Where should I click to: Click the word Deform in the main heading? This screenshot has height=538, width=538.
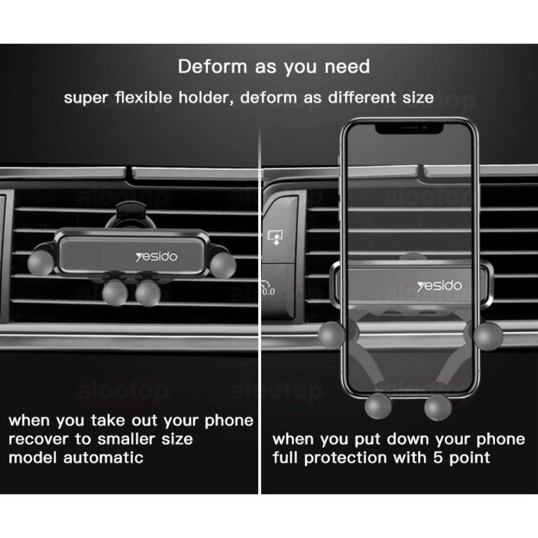pos(213,67)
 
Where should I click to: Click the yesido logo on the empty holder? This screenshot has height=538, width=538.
pos(156,257)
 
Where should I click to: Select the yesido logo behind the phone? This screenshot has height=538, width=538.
pos(439,286)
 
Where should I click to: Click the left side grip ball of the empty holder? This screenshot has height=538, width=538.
pos(40,262)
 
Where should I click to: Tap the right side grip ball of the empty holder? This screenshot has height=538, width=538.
pos(223,265)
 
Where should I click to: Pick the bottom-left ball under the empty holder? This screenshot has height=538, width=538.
pos(115,293)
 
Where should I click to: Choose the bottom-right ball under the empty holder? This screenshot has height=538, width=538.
pos(148,293)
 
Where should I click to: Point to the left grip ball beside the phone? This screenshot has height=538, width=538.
pos(332,335)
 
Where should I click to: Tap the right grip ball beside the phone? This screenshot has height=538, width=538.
pos(489,336)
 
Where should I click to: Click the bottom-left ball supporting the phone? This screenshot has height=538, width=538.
pos(378,407)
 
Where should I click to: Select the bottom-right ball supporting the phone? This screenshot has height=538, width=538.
pos(438,408)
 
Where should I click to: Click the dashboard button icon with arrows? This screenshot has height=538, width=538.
pos(275,237)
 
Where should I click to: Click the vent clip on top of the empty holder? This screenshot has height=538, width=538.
pos(130,215)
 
